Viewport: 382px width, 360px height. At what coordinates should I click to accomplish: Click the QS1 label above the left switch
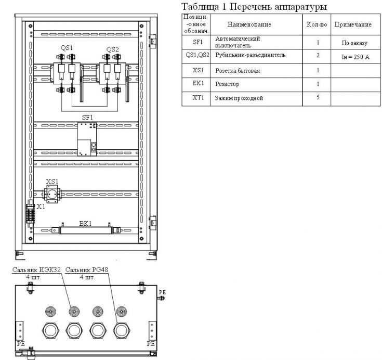pos(67,47)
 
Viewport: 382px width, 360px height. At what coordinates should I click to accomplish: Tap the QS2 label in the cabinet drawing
pos(112,49)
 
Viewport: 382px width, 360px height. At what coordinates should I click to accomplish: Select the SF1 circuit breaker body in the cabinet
pos(87,139)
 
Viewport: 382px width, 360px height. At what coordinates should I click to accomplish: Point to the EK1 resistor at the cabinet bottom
pos(86,230)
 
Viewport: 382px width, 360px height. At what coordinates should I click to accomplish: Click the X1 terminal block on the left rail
pos(31,213)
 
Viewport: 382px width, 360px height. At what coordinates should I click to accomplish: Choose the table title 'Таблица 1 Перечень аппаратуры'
pos(254,7)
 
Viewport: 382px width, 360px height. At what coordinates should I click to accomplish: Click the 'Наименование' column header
pos(249,24)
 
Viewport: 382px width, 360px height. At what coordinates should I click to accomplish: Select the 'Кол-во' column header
pos(317,24)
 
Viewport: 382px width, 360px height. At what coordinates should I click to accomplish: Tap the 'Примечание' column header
pos(353,24)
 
